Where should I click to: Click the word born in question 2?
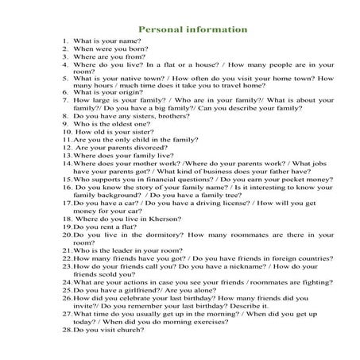[127, 49]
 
